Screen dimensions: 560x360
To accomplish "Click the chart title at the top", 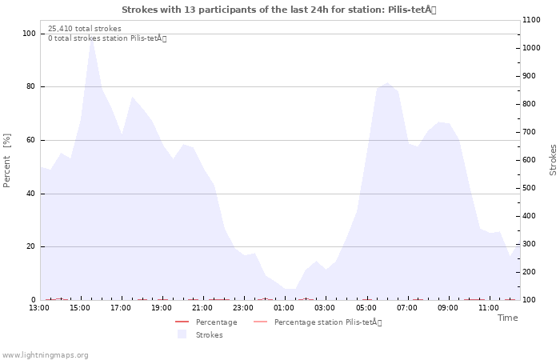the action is [279, 10].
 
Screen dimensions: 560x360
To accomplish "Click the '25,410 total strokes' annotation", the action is [85, 29].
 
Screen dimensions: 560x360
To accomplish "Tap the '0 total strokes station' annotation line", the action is [107, 38].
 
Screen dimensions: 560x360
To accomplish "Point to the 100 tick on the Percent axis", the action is [29, 34].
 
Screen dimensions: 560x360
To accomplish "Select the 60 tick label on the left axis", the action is [30, 140].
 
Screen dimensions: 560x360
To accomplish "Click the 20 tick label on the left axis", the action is [30, 246].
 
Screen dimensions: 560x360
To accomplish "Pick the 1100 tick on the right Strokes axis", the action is [531, 20].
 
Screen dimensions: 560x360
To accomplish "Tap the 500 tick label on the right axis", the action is [529, 188].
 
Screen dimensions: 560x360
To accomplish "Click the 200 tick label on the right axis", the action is [529, 272].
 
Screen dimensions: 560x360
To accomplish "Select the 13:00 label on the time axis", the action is [39, 308].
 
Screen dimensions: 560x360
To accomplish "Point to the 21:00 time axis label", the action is [202, 308].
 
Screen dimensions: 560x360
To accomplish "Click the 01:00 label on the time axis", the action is [284, 308].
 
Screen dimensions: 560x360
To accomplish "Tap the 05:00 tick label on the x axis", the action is [366, 308].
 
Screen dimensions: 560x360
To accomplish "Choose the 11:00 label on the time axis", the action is [489, 308].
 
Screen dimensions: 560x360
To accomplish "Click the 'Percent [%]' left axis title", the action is [6, 161].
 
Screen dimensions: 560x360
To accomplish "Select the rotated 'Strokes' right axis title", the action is [553, 160].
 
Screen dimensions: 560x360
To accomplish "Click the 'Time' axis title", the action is [507, 318].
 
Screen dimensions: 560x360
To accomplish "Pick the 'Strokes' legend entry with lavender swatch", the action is [200, 334].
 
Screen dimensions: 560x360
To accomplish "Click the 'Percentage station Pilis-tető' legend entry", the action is [318, 322].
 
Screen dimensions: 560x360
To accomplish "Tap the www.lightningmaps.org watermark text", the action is [45, 355].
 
